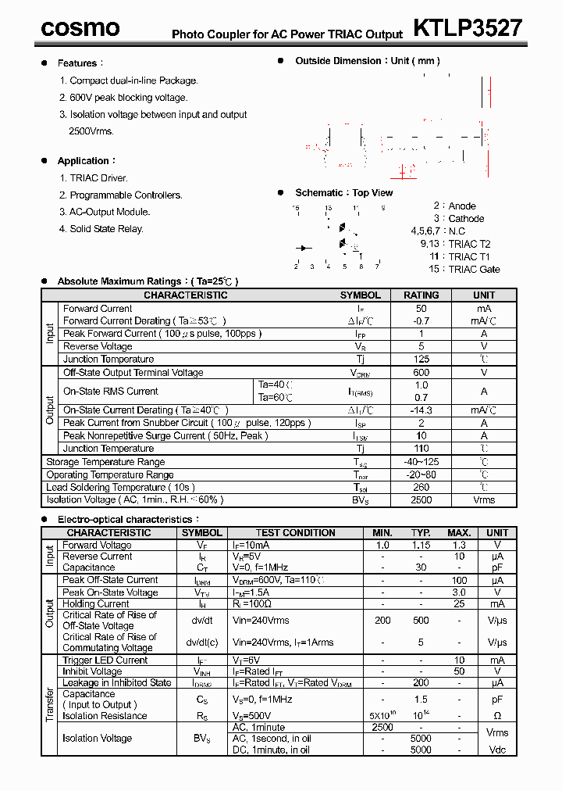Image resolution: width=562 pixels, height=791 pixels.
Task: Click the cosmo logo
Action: [80, 28]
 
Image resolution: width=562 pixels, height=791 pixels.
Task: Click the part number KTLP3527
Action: [467, 28]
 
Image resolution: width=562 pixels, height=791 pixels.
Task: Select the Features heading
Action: [77, 63]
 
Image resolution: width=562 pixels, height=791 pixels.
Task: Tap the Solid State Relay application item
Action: [106, 229]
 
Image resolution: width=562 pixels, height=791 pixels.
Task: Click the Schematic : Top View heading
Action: [343, 193]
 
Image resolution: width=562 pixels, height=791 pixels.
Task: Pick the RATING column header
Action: [421, 295]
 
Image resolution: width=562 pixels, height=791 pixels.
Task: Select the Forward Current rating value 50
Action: [421, 309]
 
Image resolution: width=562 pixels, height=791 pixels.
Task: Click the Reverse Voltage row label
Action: [98, 346]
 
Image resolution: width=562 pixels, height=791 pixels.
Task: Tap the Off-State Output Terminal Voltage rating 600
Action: [421, 373]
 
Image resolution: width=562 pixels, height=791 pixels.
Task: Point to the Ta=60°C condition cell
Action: [276, 398]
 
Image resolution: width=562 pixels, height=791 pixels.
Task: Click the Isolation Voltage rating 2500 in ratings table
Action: [421, 500]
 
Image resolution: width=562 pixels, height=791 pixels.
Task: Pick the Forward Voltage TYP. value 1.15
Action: [421, 545]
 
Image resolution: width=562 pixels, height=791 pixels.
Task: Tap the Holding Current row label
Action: [96, 604]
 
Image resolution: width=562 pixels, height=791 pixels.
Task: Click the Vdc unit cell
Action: [497, 750]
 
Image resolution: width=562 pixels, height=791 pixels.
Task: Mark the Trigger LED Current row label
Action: [105, 660]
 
